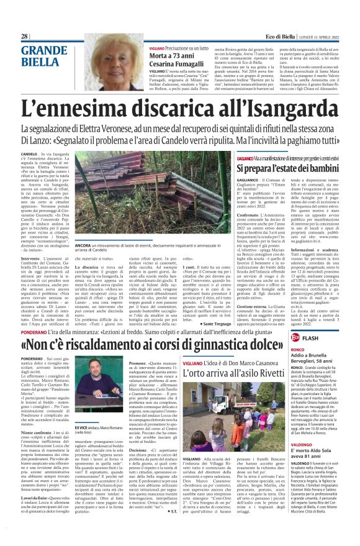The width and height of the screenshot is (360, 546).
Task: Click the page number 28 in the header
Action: pos(25,37)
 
